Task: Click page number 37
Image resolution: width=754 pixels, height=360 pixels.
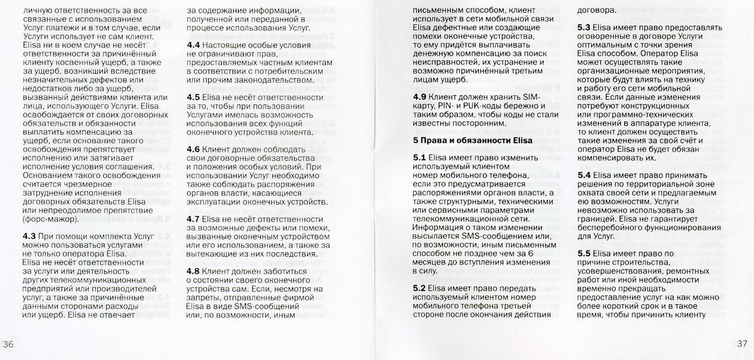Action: (743, 344)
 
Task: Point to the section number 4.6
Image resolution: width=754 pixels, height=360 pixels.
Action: (193, 150)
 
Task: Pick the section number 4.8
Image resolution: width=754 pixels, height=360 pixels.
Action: (193, 271)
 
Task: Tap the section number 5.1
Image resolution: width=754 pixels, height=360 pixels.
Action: (420, 157)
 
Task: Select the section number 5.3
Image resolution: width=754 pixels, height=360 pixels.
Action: (585, 27)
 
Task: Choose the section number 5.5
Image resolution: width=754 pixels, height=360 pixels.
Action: (585, 253)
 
